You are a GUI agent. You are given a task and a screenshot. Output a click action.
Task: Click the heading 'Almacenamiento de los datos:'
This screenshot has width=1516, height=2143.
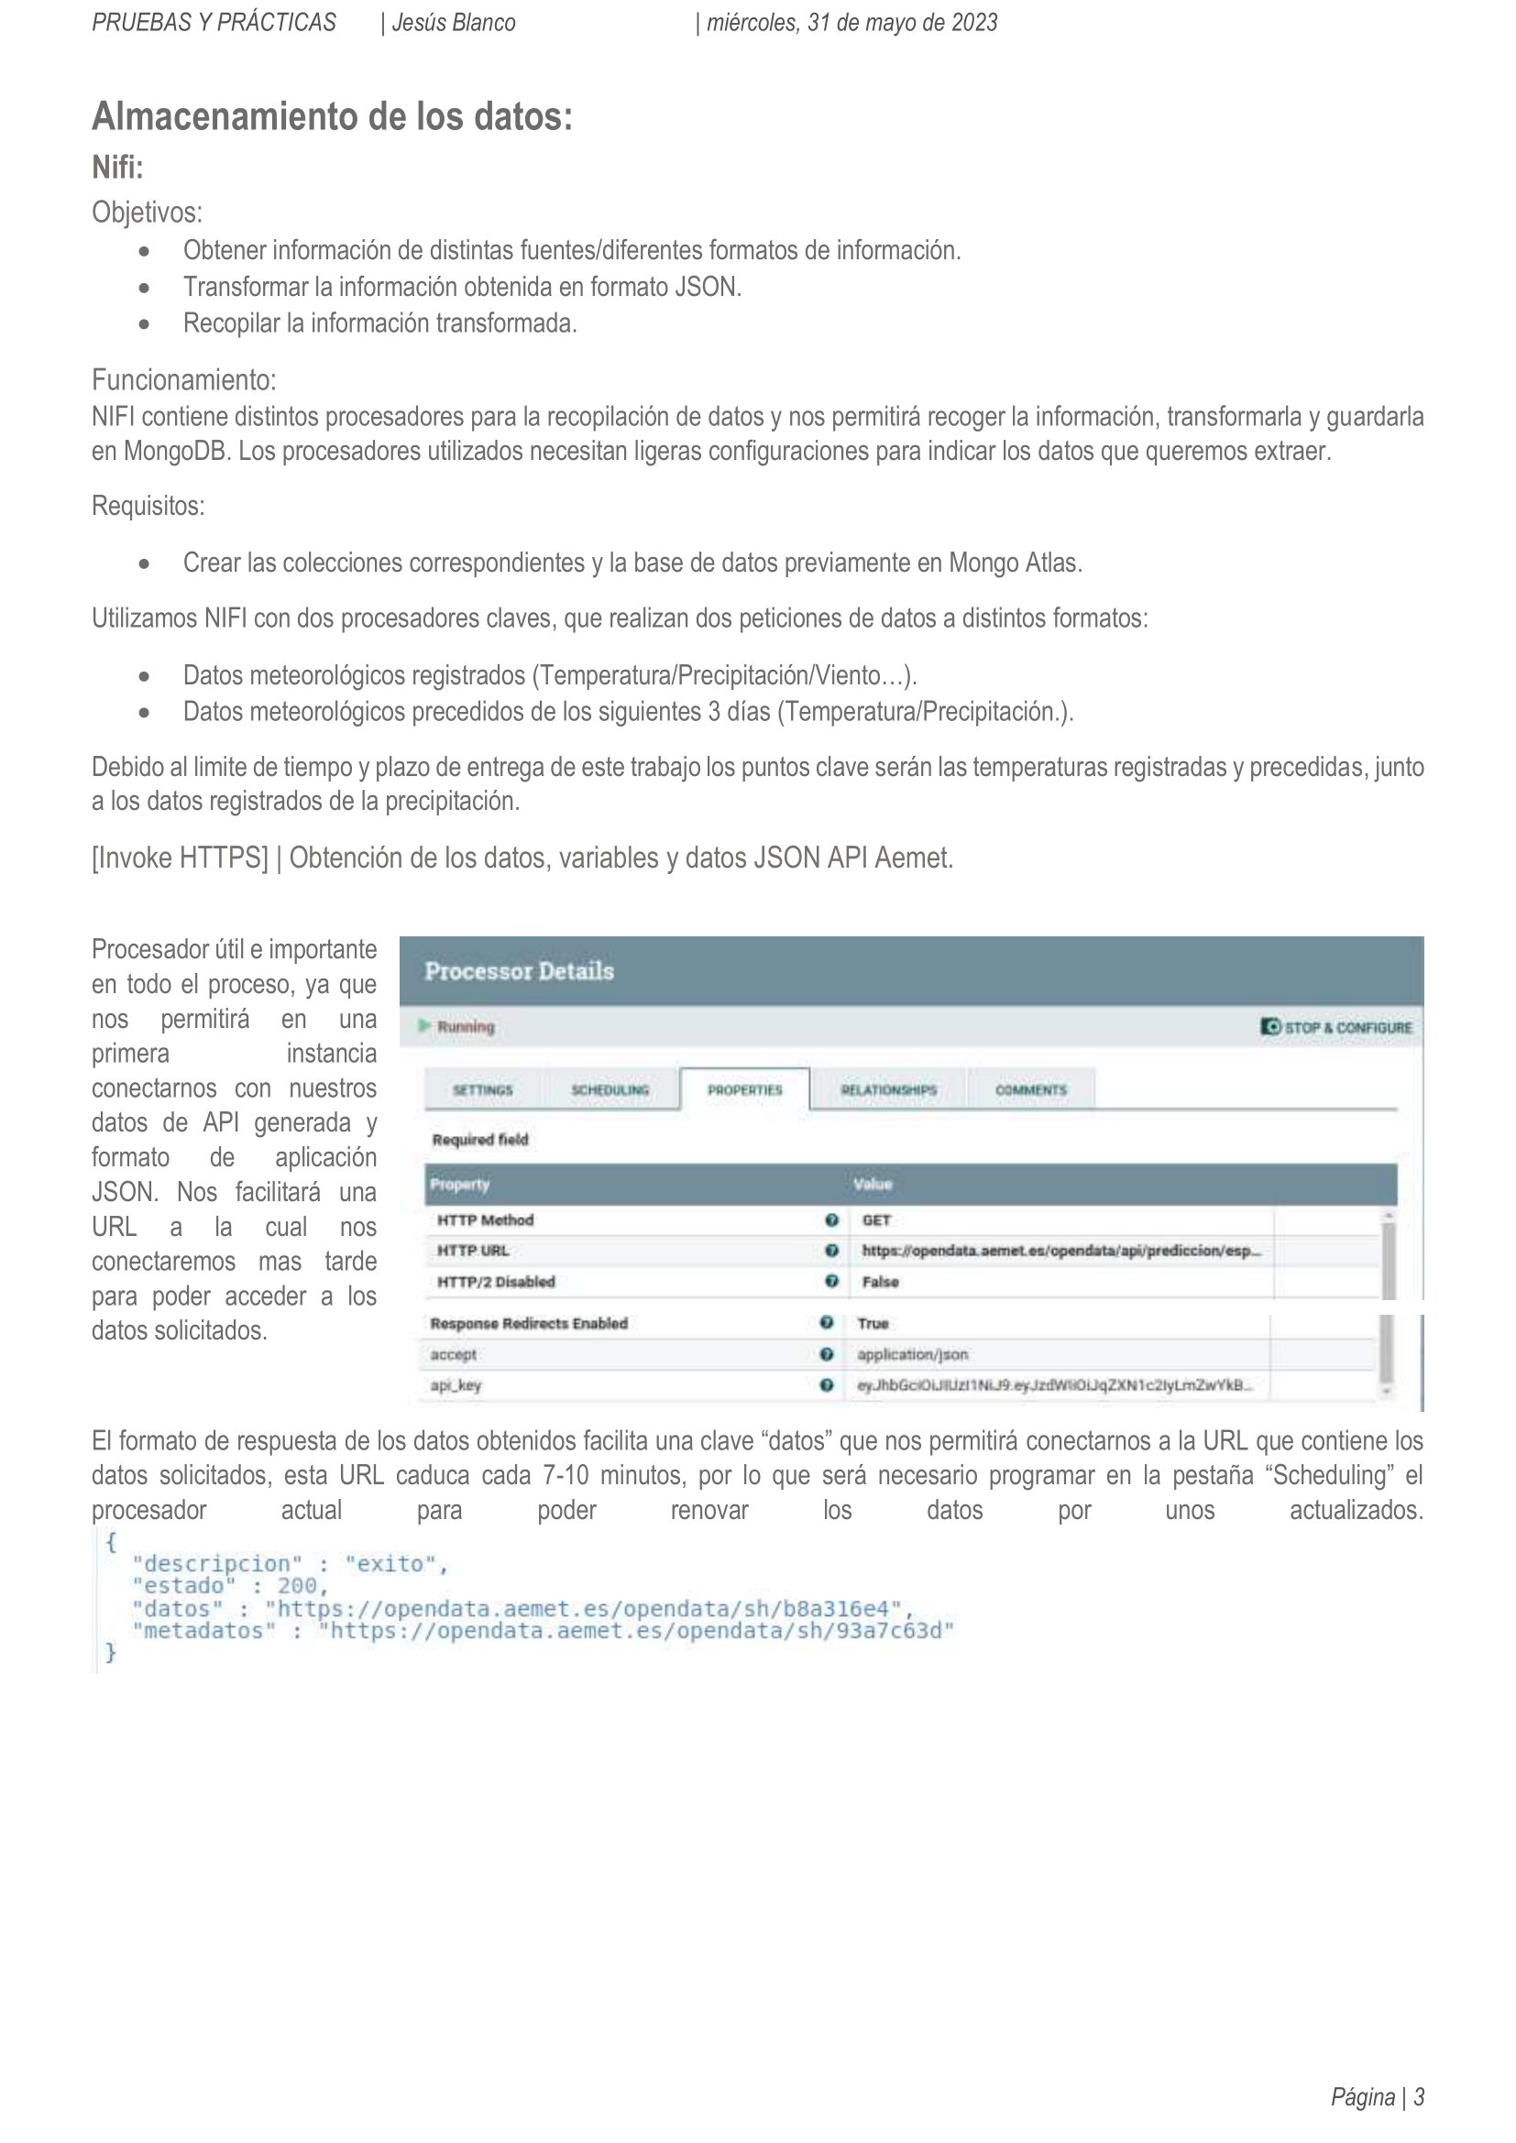coord(332,117)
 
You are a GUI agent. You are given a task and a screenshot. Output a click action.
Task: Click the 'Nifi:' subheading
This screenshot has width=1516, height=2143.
coord(117,168)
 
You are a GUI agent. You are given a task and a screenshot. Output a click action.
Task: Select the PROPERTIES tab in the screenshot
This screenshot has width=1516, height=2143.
coord(744,1089)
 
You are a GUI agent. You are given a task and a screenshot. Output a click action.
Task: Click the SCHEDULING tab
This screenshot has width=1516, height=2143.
coord(610,1089)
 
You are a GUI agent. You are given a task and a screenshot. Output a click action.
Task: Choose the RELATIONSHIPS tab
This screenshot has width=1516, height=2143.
coord(888,1089)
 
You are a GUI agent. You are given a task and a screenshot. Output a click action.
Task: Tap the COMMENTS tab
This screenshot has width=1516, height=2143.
coord(1030,1089)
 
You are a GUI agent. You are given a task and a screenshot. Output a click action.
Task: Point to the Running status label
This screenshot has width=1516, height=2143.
coord(465,1026)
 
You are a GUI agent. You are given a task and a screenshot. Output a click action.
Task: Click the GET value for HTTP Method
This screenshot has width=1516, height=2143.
coord(876,1219)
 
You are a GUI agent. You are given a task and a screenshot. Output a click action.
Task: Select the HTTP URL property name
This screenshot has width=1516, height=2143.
coord(472,1251)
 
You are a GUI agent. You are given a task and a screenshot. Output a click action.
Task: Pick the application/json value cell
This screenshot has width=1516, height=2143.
coord(912,1354)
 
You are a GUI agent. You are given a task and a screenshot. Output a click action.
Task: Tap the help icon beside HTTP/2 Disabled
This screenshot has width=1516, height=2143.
coord(831,1282)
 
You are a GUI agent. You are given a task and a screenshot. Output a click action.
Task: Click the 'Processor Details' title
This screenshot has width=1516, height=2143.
coord(519,970)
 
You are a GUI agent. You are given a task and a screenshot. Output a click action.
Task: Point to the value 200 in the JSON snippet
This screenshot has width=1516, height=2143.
coord(297,1585)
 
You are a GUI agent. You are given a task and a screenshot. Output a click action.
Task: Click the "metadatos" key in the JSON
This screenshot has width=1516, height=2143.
coord(203,1630)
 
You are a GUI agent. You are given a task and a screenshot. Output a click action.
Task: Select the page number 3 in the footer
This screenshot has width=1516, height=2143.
coord(1418,2097)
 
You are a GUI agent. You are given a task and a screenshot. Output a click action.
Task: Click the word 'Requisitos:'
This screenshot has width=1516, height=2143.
coord(148,506)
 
